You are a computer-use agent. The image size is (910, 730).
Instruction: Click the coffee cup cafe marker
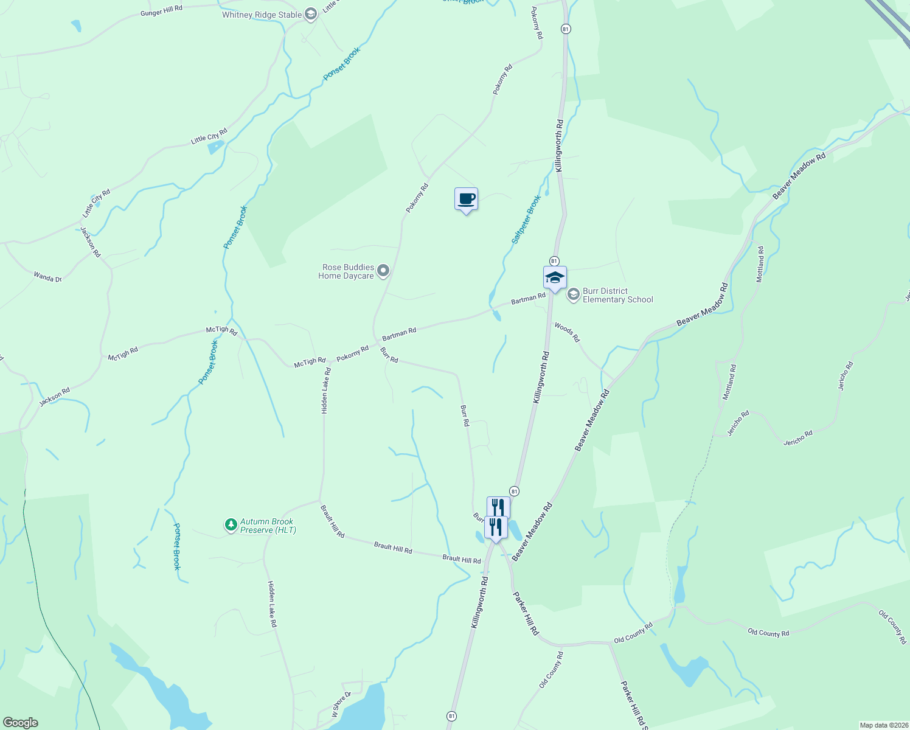(467, 199)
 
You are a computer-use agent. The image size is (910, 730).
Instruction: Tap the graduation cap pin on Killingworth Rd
(554, 278)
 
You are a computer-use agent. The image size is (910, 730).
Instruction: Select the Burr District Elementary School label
(617, 295)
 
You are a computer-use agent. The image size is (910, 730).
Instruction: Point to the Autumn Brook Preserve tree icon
(231, 524)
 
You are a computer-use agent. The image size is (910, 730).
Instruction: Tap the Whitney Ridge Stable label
(262, 15)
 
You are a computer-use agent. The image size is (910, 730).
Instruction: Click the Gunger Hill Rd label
(161, 10)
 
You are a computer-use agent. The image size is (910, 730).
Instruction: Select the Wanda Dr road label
(47, 277)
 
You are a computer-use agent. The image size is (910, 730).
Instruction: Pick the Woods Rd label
(567, 332)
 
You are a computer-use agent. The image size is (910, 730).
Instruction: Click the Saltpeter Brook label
(526, 220)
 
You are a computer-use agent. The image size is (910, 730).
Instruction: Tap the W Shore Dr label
(341, 704)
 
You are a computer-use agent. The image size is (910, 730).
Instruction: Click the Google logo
(20, 723)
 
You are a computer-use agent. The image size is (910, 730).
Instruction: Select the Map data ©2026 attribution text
(883, 725)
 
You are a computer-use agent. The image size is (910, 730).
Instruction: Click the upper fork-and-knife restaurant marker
(498, 507)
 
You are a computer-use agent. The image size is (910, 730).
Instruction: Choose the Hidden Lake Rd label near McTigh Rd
(325, 391)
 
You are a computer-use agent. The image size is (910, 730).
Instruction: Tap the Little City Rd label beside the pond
(209, 136)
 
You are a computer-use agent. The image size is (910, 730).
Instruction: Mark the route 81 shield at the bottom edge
(451, 716)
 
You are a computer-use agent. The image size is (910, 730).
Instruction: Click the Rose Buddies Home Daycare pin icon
(383, 270)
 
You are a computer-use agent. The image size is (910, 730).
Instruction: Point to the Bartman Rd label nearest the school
(528, 299)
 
